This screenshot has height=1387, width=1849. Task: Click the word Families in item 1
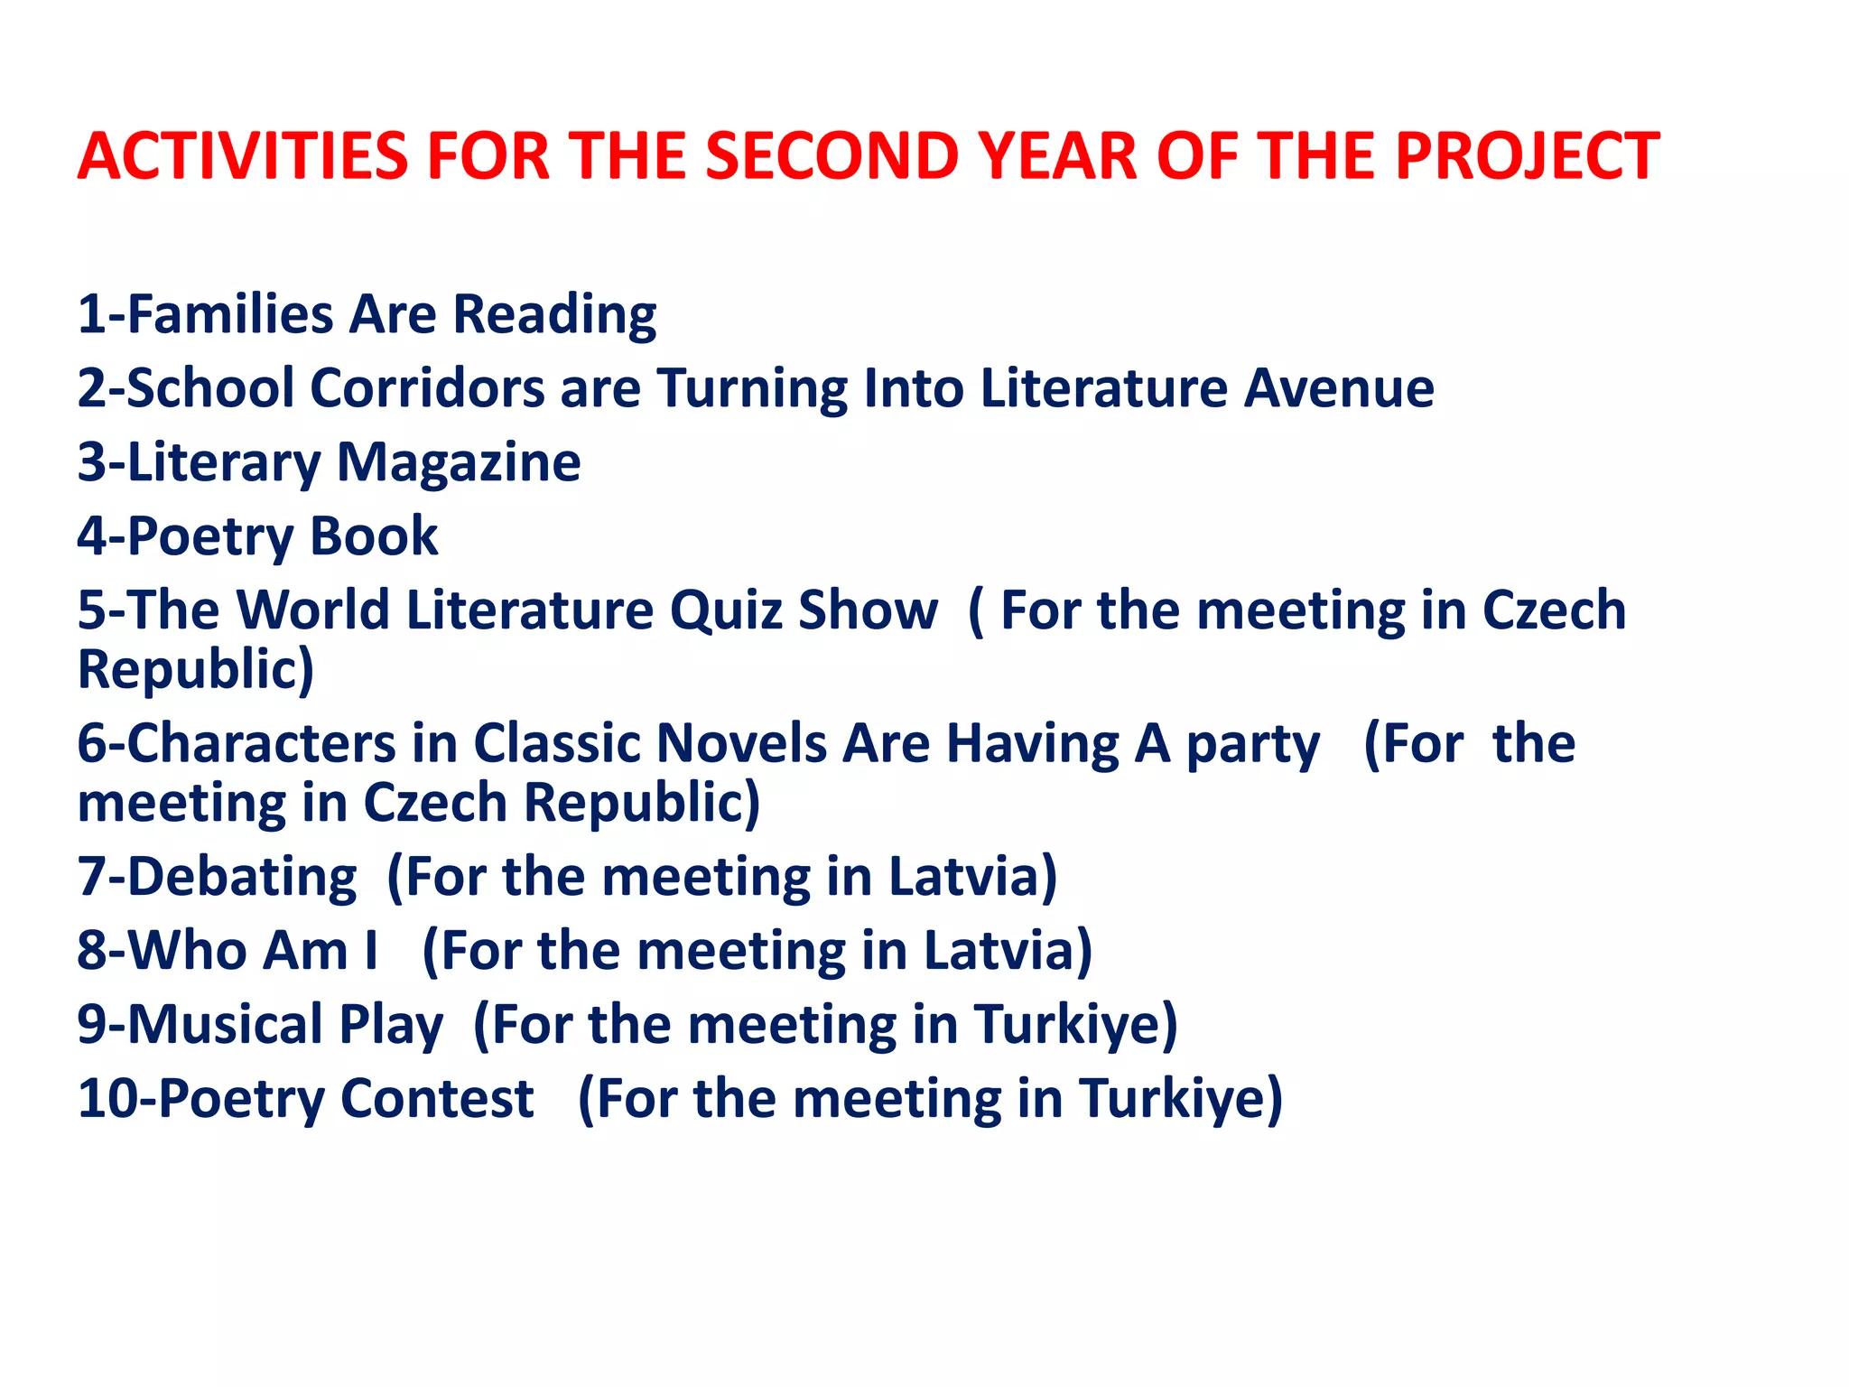click(x=231, y=315)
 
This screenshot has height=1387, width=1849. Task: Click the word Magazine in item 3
click(x=459, y=463)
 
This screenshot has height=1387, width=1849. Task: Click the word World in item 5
click(x=312, y=610)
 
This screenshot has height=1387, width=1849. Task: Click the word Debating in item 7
click(x=242, y=878)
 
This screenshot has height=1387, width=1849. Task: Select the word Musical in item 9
click(x=225, y=1025)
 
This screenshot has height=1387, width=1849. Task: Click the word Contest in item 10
click(x=437, y=1099)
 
